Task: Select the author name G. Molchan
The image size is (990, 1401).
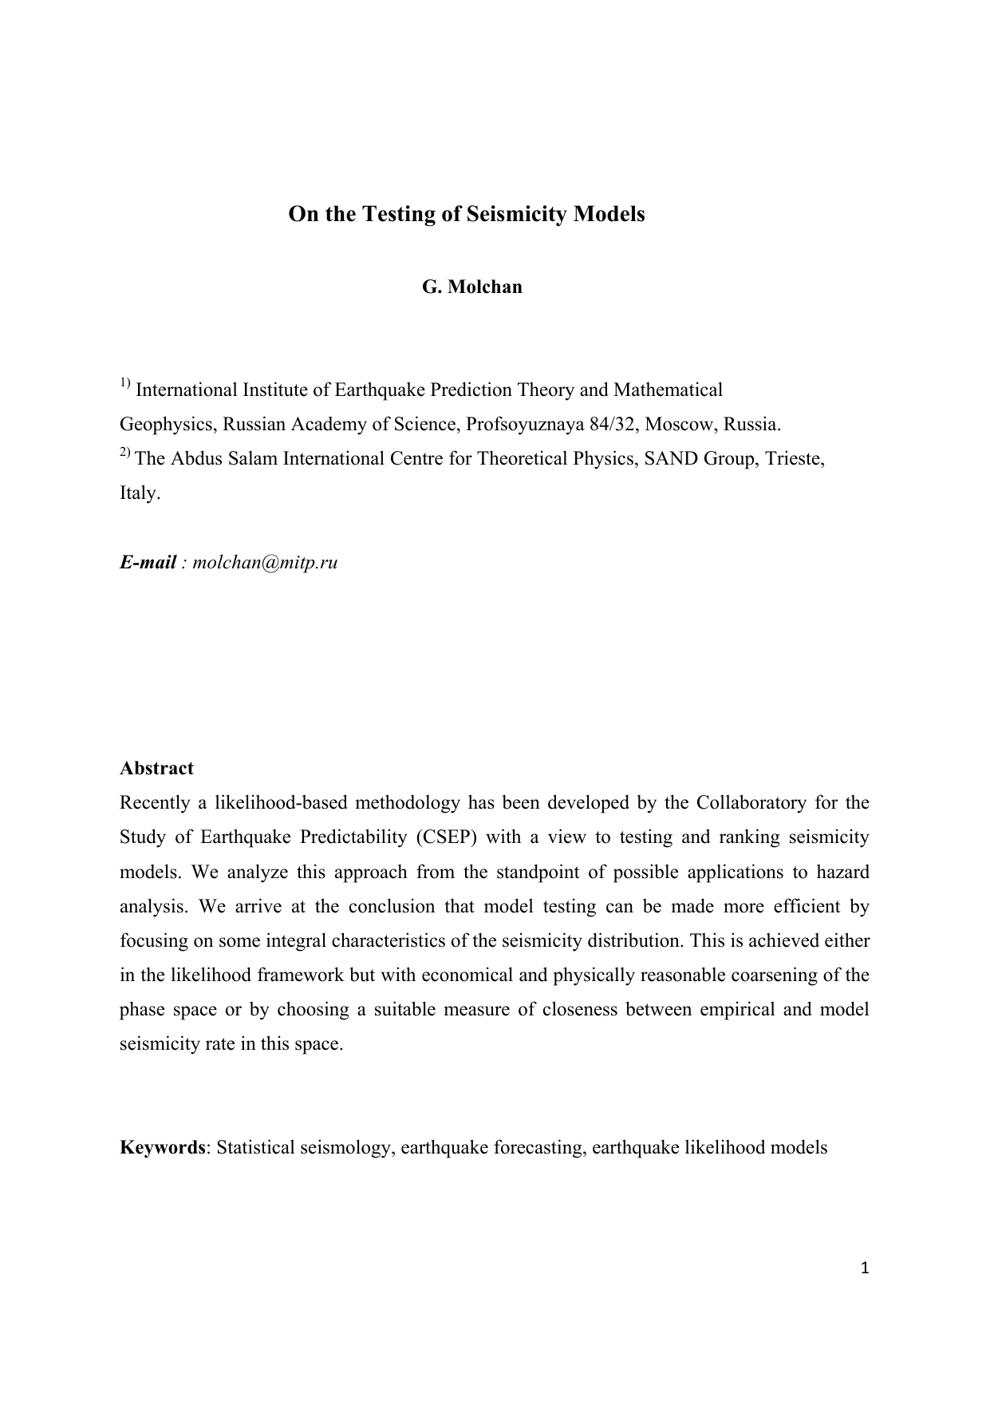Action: tap(471, 287)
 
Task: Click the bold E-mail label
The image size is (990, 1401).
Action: tap(148, 562)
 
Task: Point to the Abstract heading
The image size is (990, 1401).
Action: tap(156, 768)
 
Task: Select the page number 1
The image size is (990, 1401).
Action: tap(865, 1268)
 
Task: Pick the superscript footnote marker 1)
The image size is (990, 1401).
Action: tap(125, 384)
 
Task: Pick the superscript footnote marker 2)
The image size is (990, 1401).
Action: tap(125, 453)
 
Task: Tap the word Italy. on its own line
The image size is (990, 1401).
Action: tap(140, 493)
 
